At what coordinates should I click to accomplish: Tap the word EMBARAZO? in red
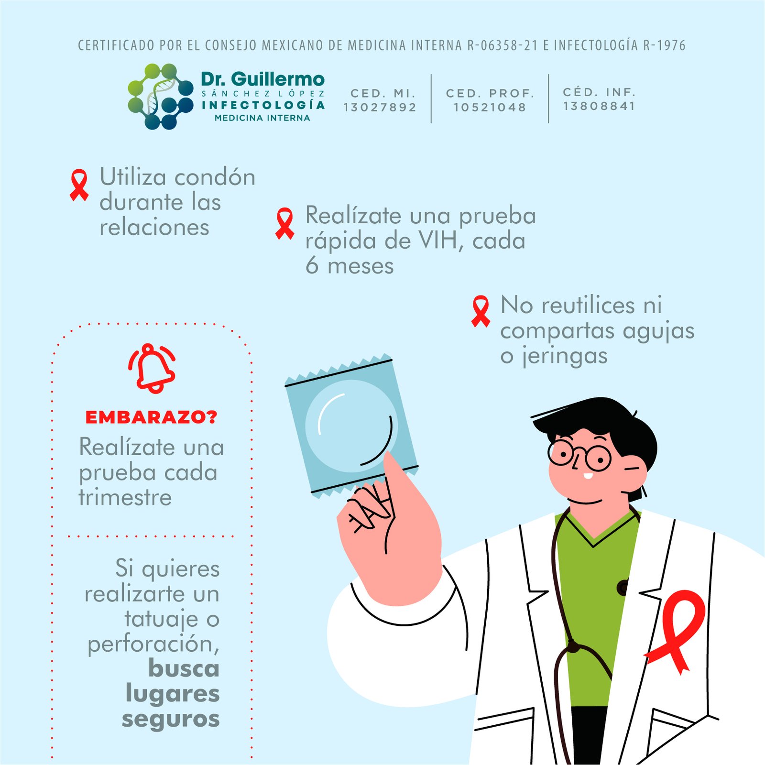(x=151, y=417)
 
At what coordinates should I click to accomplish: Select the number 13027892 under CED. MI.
(x=380, y=107)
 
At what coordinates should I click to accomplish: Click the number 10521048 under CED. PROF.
(x=490, y=107)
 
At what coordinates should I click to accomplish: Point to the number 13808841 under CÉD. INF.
(x=599, y=106)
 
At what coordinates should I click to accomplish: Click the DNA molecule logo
(x=160, y=97)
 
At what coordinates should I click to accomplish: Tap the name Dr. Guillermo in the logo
(x=262, y=79)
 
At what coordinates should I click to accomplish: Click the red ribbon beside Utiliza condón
(x=79, y=185)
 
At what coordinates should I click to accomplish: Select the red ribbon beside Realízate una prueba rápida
(x=285, y=223)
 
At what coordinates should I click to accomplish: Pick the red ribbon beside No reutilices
(x=481, y=311)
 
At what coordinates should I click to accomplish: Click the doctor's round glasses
(x=579, y=455)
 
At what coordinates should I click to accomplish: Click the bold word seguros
(x=171, y=719)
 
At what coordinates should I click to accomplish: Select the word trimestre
(x=125, y=497)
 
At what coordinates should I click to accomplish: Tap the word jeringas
(x=565, y=356)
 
